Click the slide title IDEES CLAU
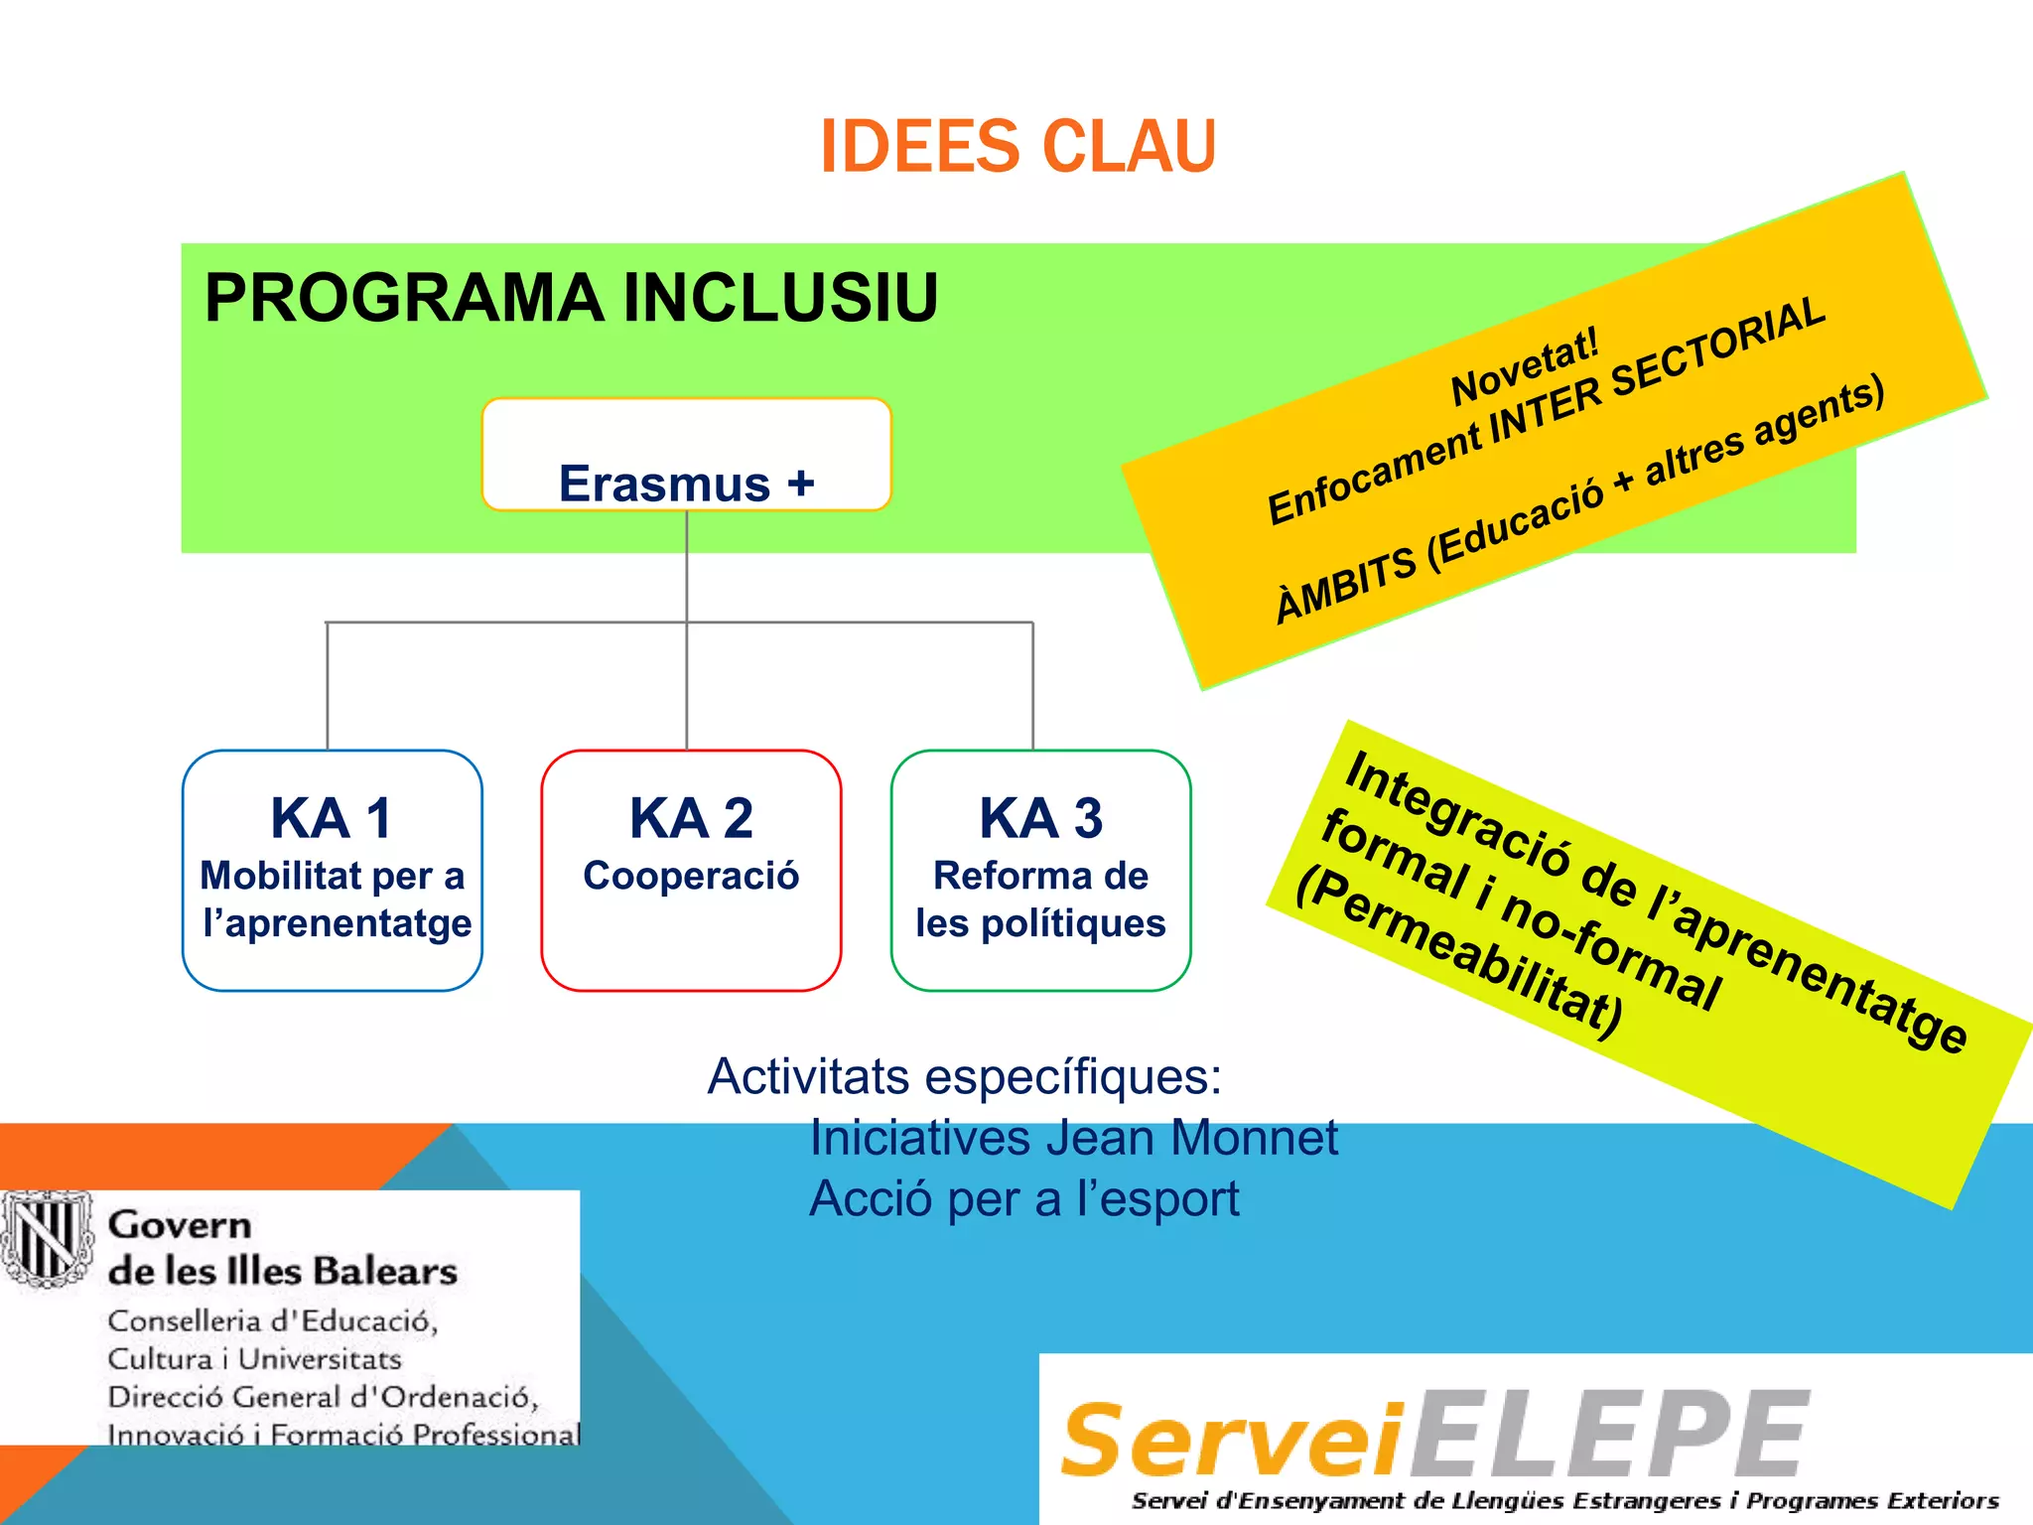click(x=1017, y=147)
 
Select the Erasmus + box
click(x=686, y=456)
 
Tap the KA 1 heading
click(x=332, y=818)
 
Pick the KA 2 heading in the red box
click(x=691, y=818)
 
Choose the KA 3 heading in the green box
click(x=1040, y=818)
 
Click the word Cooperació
click(x=691, y=876)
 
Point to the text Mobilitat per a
click(x=332, y=876)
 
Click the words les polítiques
click(x=1040, y=923)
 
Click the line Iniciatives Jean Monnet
click(x=1073, y=1138)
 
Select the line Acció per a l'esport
click(x=1023, y=1199)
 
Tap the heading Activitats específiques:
click(x=964, y=1076)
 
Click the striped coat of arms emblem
click(x=45, y=1238)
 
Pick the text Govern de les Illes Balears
click(x=282, y=1248)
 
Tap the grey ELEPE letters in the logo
click(x=1608, y=1435)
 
